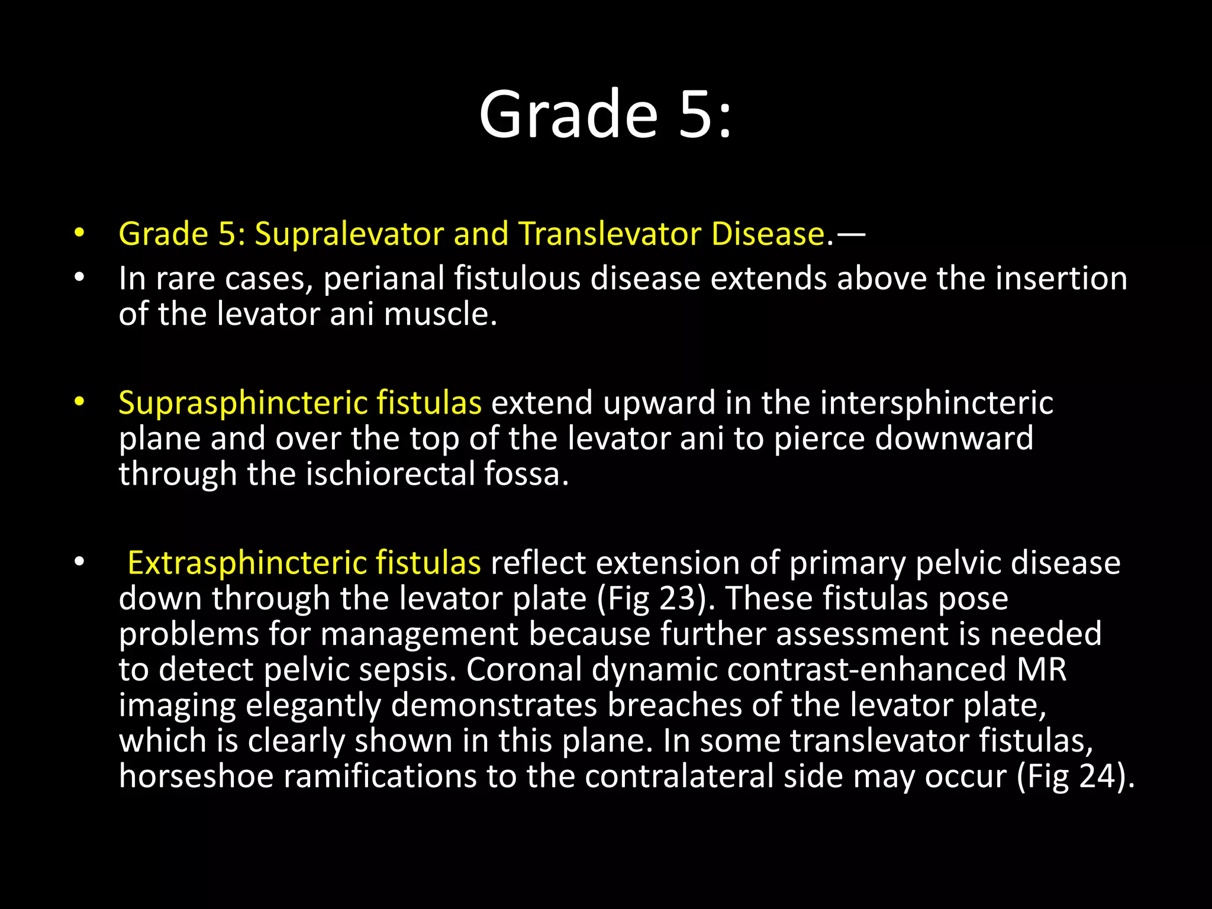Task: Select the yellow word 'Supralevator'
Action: [x=349, y=234]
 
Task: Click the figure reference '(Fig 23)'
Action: [x=652, y=598]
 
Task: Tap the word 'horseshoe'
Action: [x=196, y=776]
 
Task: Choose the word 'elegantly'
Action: [x=314, y=705]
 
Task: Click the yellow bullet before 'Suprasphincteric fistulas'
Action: [x=80, y=403]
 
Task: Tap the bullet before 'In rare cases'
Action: [x=80, y=278]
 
